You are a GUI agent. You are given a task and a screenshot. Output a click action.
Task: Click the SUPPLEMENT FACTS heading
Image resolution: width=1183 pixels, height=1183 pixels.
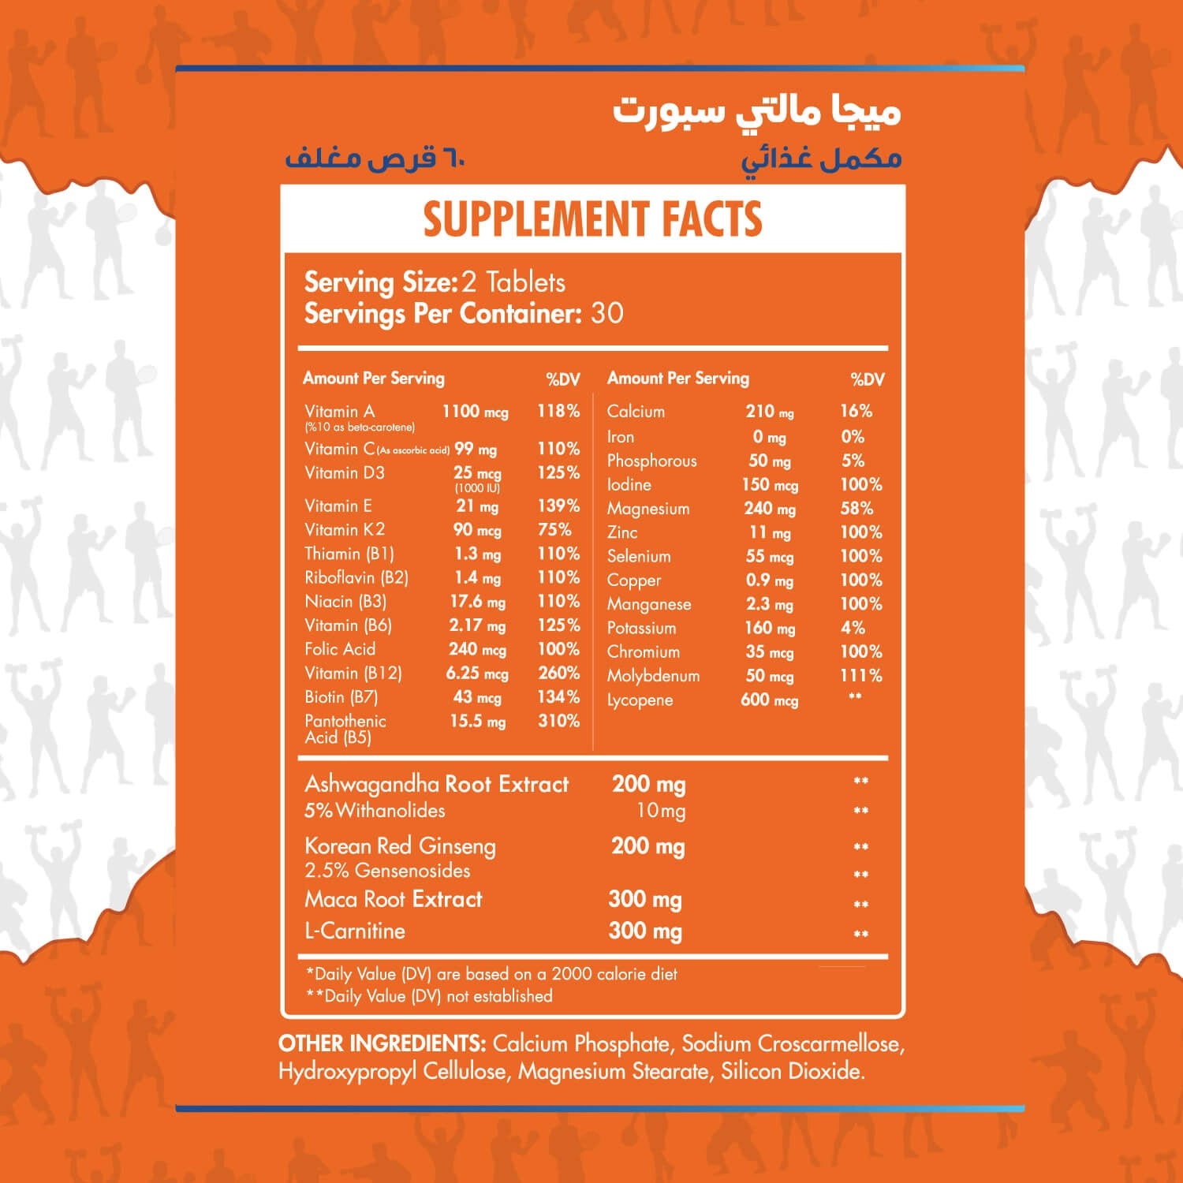click(x=592, y=219)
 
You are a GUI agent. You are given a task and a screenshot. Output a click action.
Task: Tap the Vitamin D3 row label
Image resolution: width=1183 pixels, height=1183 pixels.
click(x=345, y=473)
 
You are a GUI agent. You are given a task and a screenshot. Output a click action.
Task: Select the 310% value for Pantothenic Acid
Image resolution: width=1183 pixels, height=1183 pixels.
click(x=558, y=721)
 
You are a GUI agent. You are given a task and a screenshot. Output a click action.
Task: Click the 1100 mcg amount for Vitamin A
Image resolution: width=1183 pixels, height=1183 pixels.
click(x=475, y=412)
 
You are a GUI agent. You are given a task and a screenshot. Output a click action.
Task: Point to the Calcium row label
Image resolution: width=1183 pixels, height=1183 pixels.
click(x=636, y=412)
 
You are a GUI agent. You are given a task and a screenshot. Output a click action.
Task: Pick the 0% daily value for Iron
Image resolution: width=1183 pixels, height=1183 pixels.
click(x=853, y=437)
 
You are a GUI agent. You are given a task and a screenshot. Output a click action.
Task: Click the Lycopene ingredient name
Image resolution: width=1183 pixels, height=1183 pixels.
click(x=640, y=700)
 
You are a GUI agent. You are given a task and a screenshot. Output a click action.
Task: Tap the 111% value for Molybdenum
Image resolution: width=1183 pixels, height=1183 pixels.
click(x=860, y=676)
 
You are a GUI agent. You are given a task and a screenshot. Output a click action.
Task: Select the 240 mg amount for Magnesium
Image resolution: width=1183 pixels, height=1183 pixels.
click(x=770, y=509)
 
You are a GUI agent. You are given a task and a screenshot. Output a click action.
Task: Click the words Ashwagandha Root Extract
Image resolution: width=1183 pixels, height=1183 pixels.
click(x=436, y=784)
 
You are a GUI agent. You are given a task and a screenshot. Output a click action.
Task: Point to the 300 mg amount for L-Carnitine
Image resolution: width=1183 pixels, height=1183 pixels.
click(x=645, y=931)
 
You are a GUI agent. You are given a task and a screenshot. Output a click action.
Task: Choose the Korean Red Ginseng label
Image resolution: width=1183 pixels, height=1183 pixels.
click(x=400, y=846)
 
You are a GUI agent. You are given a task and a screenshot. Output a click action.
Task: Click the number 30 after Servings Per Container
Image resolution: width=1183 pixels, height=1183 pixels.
click(x=606, y=313)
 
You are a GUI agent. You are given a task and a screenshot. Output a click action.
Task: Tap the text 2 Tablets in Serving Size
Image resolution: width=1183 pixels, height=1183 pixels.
click(x=513, y=282)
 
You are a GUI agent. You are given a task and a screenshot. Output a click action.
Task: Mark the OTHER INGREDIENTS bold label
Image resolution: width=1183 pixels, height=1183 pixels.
click(x=382, y=1044)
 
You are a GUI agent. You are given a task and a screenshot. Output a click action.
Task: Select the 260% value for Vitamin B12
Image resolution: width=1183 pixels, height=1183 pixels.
click(x=558, y=674)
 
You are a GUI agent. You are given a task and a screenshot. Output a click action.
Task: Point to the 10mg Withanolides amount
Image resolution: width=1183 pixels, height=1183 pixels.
click(x=661, y=811)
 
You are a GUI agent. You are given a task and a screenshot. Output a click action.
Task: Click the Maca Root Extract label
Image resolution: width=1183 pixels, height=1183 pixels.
click(x=393, y=900)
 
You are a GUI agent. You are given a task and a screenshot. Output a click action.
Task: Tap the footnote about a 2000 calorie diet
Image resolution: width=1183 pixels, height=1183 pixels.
click(x=491, y=974)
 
